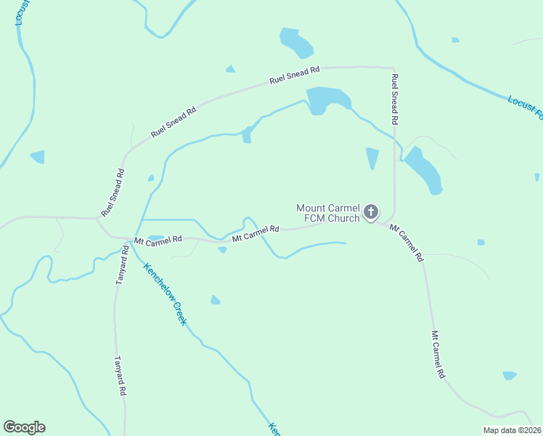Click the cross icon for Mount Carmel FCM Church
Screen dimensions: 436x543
[371, 212]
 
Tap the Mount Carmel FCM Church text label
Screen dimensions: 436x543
[328, 213]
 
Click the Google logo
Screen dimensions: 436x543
[24, 427]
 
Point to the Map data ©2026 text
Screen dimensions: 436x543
[512, 430]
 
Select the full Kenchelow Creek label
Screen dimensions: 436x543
[165, 293]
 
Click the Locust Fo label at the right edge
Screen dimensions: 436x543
[526, 106]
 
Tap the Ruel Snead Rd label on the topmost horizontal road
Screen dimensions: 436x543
[294, 75]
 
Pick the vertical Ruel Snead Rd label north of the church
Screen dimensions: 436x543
[395, 100]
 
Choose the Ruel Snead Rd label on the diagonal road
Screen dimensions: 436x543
[173, 123]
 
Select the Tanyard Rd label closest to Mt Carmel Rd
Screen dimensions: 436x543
[121, 265]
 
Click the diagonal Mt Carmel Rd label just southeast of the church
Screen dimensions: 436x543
[407, 243]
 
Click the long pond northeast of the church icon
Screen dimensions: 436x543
[423, 170]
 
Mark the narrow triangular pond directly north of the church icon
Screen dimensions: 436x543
[372, 157]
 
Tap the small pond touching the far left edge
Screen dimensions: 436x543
[38, 156]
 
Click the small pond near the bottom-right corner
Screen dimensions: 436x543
[510, 376]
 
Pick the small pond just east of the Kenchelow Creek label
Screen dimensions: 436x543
[216, 300]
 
